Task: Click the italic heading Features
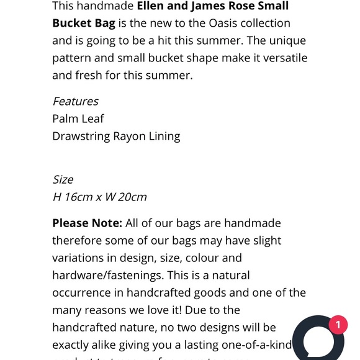click(75, 101)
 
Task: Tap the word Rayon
click(129, 137)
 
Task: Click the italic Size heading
click(63, 179)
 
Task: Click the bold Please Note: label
click(87, 223)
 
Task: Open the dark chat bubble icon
click(318, 341)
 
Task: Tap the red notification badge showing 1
click(338, 325)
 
